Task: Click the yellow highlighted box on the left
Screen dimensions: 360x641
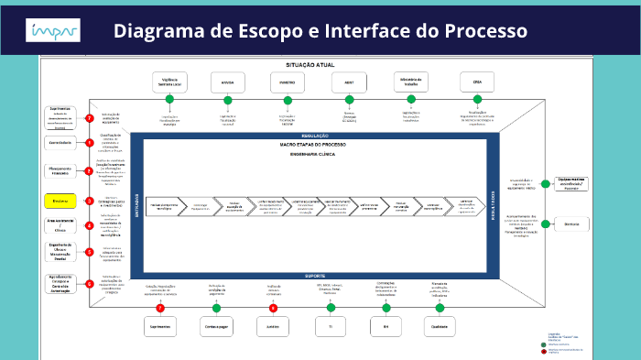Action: click(x=60, y=200)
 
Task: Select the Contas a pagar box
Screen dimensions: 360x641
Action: click(x=217, y=326)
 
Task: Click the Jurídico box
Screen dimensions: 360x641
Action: click(x=273, y=326)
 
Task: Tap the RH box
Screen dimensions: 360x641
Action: click(x=386, y=326)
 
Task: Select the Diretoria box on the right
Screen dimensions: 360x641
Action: click(x=573, y=224)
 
